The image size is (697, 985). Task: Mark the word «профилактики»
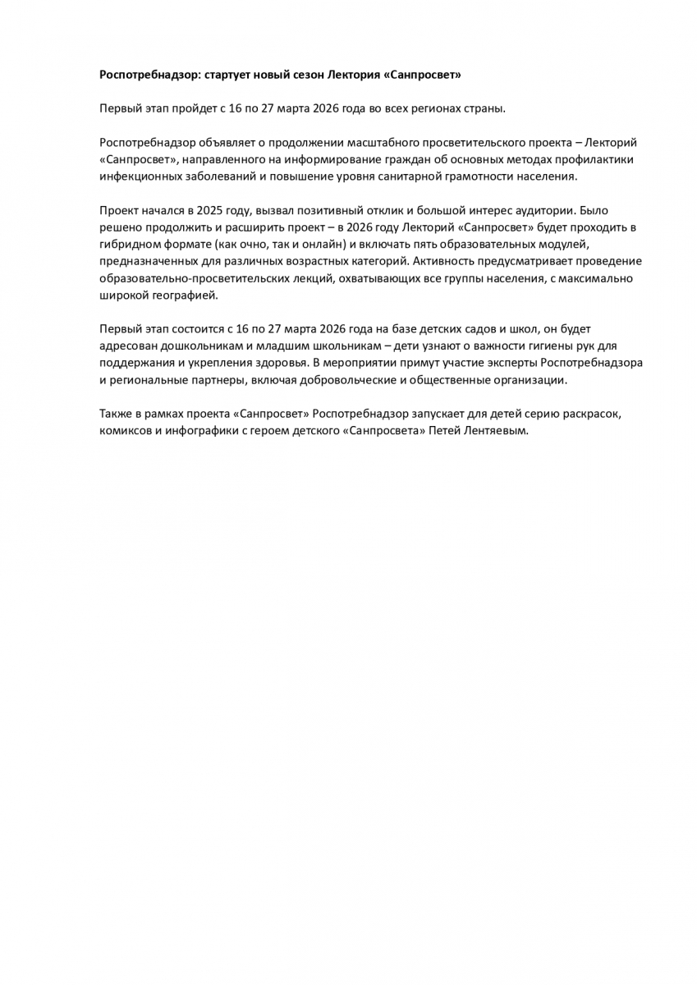(594, 159)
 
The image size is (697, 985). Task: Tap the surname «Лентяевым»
(496, 430)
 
